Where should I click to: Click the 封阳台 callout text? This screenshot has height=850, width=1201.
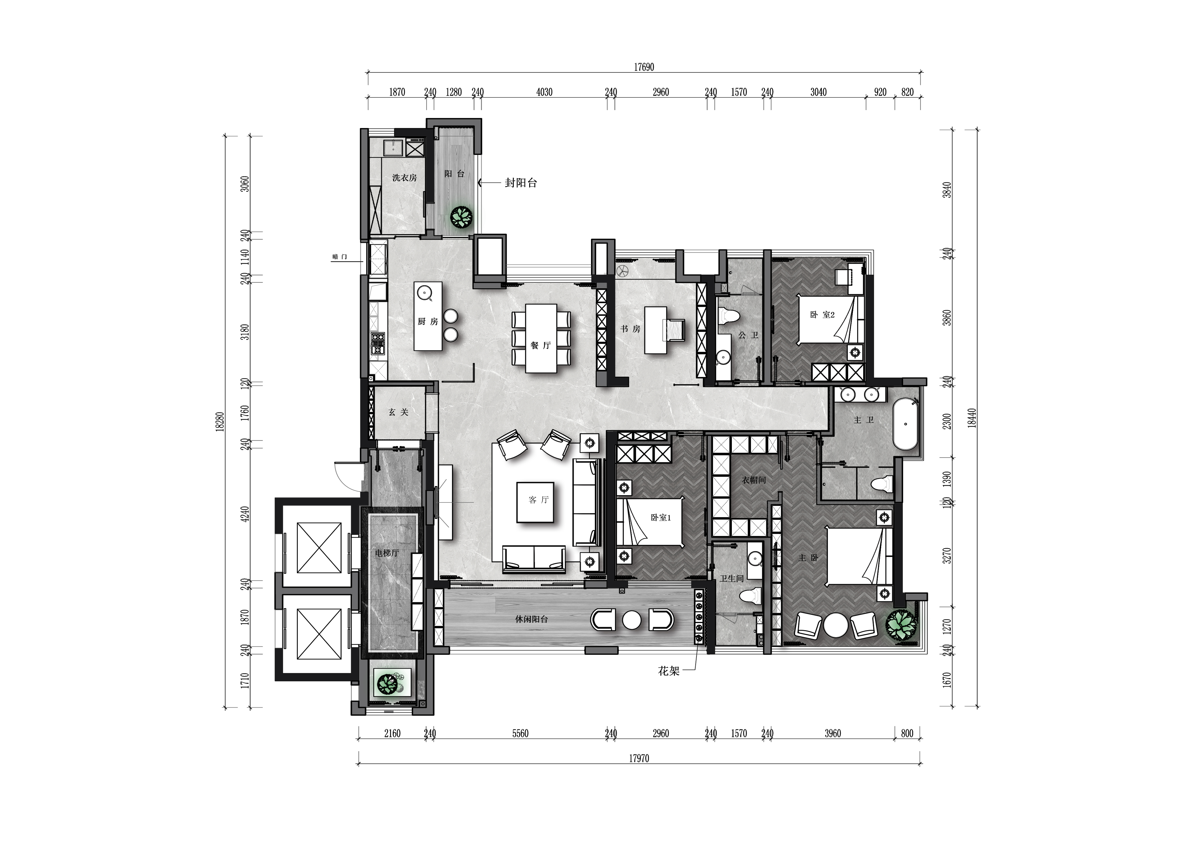click(x=521, y=183)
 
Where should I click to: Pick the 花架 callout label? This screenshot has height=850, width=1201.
click(x=668, y=671)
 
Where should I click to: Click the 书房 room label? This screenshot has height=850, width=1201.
click(x=630, y=329)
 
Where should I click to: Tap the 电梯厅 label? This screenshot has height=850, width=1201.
click(x=387, y=552)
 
